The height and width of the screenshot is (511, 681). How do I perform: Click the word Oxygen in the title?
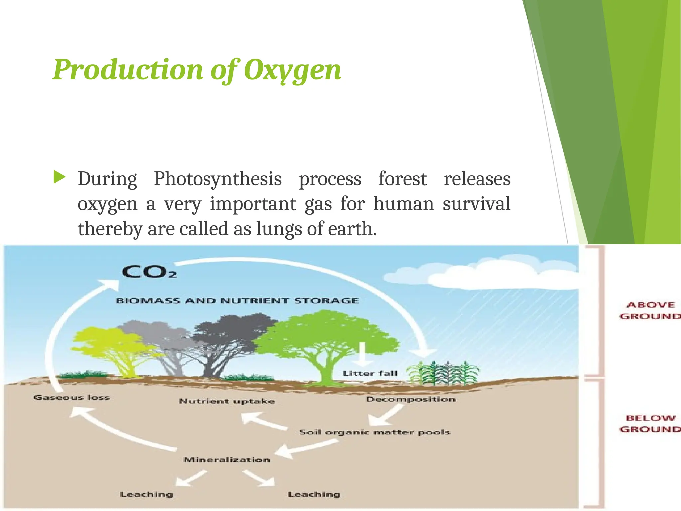[x=293, y=70]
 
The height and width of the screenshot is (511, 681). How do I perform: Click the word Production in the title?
[x=128, y=70]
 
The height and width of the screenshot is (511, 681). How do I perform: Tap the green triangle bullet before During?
[x=59, y=178]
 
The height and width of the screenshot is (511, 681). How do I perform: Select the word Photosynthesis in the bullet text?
[x=218, y=179]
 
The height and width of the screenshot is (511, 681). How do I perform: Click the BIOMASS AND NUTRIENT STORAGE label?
[x=237, y=301]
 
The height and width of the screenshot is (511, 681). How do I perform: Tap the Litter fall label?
[x=370, y=374]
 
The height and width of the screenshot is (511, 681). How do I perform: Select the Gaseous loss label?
[x=71, y=397]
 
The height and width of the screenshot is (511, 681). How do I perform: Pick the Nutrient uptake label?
[x=227, y=401]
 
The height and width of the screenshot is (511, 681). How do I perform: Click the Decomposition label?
[x=411, y=399]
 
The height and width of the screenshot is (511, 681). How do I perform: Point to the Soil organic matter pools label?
[x=375, y=432]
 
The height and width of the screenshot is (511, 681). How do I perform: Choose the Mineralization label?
[x=227, y=460]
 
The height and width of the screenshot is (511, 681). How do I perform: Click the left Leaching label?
[x=147, y=494]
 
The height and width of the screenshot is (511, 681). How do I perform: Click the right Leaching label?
[x=314, y=494]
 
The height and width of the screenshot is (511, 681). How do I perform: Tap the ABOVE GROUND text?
[x=650, y=310]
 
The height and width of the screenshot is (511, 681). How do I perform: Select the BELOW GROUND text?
[x=650, y=424]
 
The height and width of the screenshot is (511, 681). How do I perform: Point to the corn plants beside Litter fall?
[x=444, y=373]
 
